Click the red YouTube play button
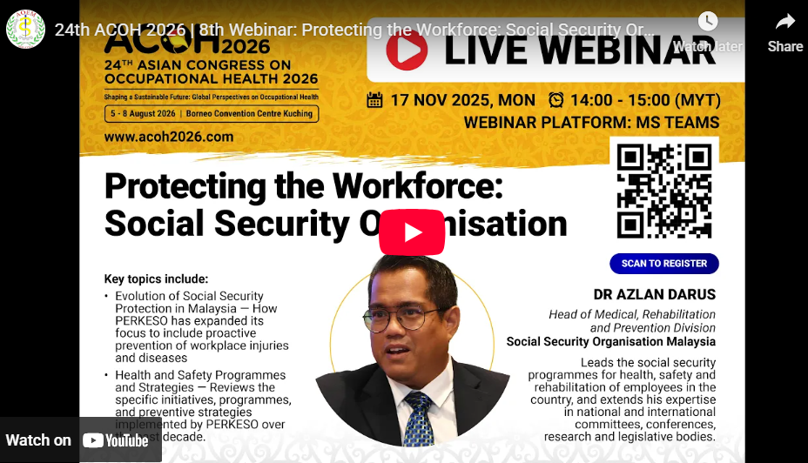[x=412, y=232]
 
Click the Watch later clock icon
[x=708, y=22]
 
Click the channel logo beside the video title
[x=25, y=29]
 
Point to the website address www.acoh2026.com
[x=169, y=137]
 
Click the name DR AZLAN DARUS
[x=654, y=294]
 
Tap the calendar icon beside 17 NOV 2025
[x=375, y=99]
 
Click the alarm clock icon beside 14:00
[x=556, y=99]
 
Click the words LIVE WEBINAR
[x=579, y=50]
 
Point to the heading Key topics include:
[x=156, y=279]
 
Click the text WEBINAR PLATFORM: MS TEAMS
[x=591, y=123]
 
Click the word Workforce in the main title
[x=419, y=186]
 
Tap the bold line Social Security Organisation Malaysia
[x=610, y=342]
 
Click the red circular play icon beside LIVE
[x=407, y=50]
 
